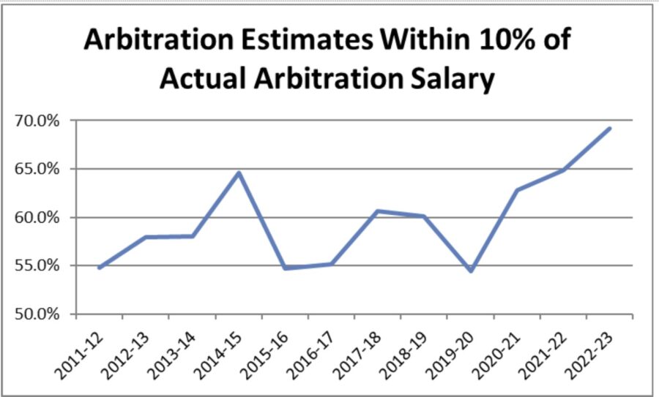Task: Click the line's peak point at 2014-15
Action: [239, 173]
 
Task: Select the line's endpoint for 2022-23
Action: [610, 129]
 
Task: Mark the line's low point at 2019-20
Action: [471, 271]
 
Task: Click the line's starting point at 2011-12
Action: [99, 268]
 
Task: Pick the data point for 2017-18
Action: [378, 211]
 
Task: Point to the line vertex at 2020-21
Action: [517, 190]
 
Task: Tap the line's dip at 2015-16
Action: [285, 268]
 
